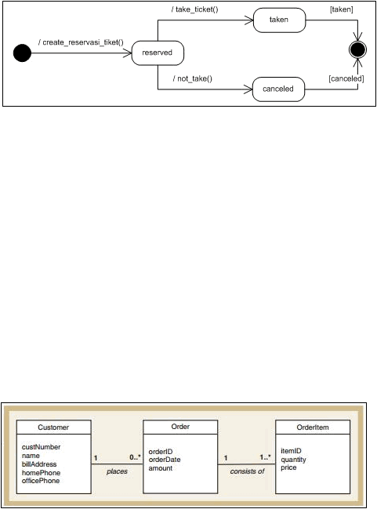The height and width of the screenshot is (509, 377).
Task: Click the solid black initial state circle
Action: coord(22,53)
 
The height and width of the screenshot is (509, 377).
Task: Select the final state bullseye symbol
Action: coord(357,49)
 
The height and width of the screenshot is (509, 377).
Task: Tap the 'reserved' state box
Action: coord(158,53)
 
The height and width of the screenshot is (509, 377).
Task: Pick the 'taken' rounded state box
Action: coord(279,20)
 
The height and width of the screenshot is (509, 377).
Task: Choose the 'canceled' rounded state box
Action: coord(279,89)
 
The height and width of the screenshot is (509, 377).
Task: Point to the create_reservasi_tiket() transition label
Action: coord(81,42)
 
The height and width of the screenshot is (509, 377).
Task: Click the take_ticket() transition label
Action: coord(194,9)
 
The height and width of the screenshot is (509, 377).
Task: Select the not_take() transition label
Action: coord(193,78)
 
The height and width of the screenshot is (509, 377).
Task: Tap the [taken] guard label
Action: coord(341,9)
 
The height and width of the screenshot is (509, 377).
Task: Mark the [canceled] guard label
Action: coord(346,78)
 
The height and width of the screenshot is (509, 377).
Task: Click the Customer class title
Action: coord(53,427)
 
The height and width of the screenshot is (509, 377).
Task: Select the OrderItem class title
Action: coord(313,427)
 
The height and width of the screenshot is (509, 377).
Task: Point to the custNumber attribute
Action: coord(42,447)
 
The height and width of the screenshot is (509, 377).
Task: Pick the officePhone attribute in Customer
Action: coord(41,481)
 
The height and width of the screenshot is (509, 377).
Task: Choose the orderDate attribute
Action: coord(165,460)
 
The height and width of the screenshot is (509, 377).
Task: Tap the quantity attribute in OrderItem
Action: coord(293,460)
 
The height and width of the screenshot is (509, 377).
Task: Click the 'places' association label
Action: coord(117,471)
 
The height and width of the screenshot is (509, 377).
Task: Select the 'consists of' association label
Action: coord(247,471)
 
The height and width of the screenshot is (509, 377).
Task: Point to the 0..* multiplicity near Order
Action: coord(136,457)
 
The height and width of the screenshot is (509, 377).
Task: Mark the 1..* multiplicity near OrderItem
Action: coord(265,457)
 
